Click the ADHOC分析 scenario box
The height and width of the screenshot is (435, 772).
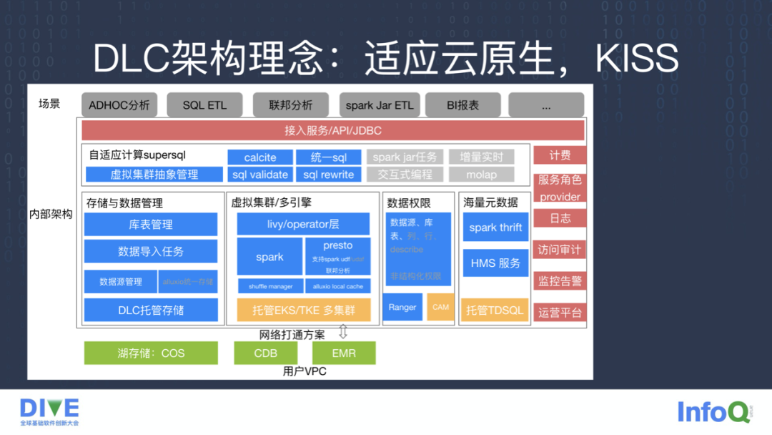[x=119, y=105]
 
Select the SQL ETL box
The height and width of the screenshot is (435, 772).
[x=204, y=105]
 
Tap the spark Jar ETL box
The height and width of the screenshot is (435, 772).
[x=380, y=105]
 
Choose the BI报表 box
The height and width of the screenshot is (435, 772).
[x=463, y=105]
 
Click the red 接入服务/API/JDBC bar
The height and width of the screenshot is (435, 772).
[x=333, y=131]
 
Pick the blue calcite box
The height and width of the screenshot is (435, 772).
[x=260, y=157]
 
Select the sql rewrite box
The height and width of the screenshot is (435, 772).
[x=329, y=175]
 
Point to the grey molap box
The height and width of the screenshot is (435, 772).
[x=482, y=175]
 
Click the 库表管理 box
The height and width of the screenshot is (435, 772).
[x=151, y=224]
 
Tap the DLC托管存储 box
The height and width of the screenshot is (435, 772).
[x=151, y=310]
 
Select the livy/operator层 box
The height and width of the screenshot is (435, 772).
[x=304, y=224]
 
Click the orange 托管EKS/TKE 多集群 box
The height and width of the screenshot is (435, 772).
[x=304, y=310]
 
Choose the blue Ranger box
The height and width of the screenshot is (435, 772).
[x=402, y=307]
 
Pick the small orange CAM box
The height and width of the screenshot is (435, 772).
[x=441, y=307]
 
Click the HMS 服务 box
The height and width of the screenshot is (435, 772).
[x=495, y=263]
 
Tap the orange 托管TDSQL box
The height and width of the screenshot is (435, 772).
[x=495, y=310]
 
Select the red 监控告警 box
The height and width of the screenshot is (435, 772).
[x=560, y=280]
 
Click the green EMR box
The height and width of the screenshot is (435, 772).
[x=344, y=353]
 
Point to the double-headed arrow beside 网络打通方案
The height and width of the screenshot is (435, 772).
[x=343, y=332]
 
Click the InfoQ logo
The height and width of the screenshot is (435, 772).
[x=713, y=411]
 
